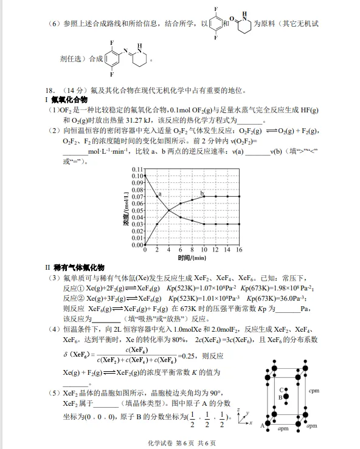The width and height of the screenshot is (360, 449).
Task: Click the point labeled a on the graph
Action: tap(157, 196)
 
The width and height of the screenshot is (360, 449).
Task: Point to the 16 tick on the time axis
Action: tap(240, 250)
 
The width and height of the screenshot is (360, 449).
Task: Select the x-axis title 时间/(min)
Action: tap(192, 258)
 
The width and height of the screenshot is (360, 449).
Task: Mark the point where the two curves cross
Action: tap(169, 210)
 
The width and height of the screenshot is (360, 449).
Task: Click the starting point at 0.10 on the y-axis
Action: tap(146, 176)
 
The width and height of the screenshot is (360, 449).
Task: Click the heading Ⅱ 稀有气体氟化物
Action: tap(75, 267)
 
